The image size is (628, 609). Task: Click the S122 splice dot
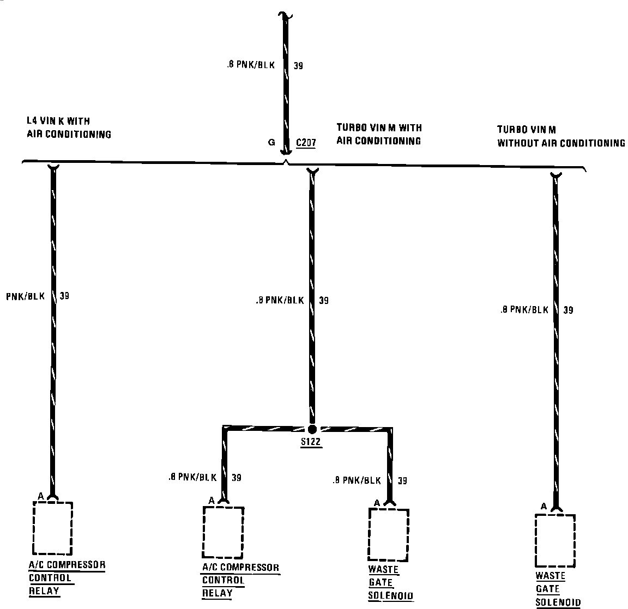(312, 429)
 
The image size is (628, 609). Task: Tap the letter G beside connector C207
(271, 143)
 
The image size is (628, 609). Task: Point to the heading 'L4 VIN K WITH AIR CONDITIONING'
(69, 127)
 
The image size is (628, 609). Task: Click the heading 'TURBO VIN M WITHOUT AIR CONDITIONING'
(560, 136)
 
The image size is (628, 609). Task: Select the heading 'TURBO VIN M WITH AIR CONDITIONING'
(379, 134)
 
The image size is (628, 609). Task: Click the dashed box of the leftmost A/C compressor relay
(52, 527)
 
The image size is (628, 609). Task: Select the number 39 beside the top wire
(298, 66)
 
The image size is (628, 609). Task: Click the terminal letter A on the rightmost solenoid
(544, 507)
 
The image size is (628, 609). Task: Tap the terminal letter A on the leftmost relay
(41, 496)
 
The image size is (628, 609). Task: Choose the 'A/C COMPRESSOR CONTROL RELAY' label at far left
(66, 577)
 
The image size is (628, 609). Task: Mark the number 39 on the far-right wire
(568, 310)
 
